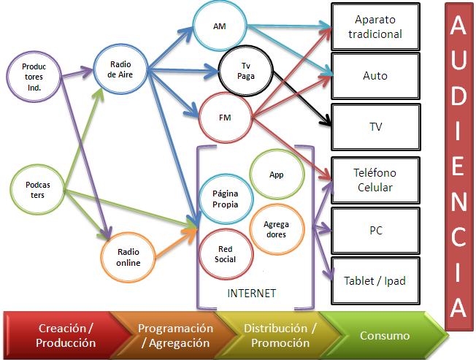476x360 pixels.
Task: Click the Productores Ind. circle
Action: point(34,75)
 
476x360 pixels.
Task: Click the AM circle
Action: point(220,26)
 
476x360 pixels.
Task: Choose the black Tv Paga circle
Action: point(246,71)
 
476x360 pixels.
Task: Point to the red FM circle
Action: point(225,115)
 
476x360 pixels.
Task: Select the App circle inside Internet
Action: point(276,175)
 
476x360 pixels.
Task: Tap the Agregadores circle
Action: point(277,229)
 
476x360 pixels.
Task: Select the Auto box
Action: point(375,76)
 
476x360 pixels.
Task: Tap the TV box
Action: point(375,126)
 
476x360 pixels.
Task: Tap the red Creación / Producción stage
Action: point(58,336)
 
